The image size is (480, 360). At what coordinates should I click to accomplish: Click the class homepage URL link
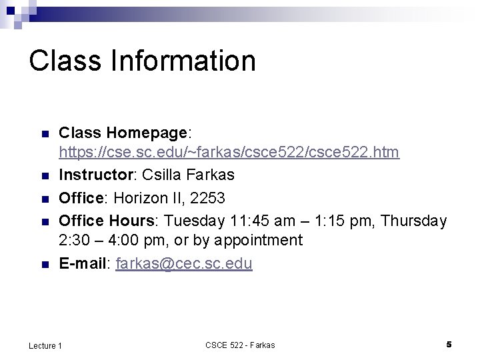229,153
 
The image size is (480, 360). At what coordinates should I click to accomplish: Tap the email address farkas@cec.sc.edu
184,263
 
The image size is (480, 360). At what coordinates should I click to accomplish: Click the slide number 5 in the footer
449,344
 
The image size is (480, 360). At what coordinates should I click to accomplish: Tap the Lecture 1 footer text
45,345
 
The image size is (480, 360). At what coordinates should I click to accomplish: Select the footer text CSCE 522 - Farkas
240,345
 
